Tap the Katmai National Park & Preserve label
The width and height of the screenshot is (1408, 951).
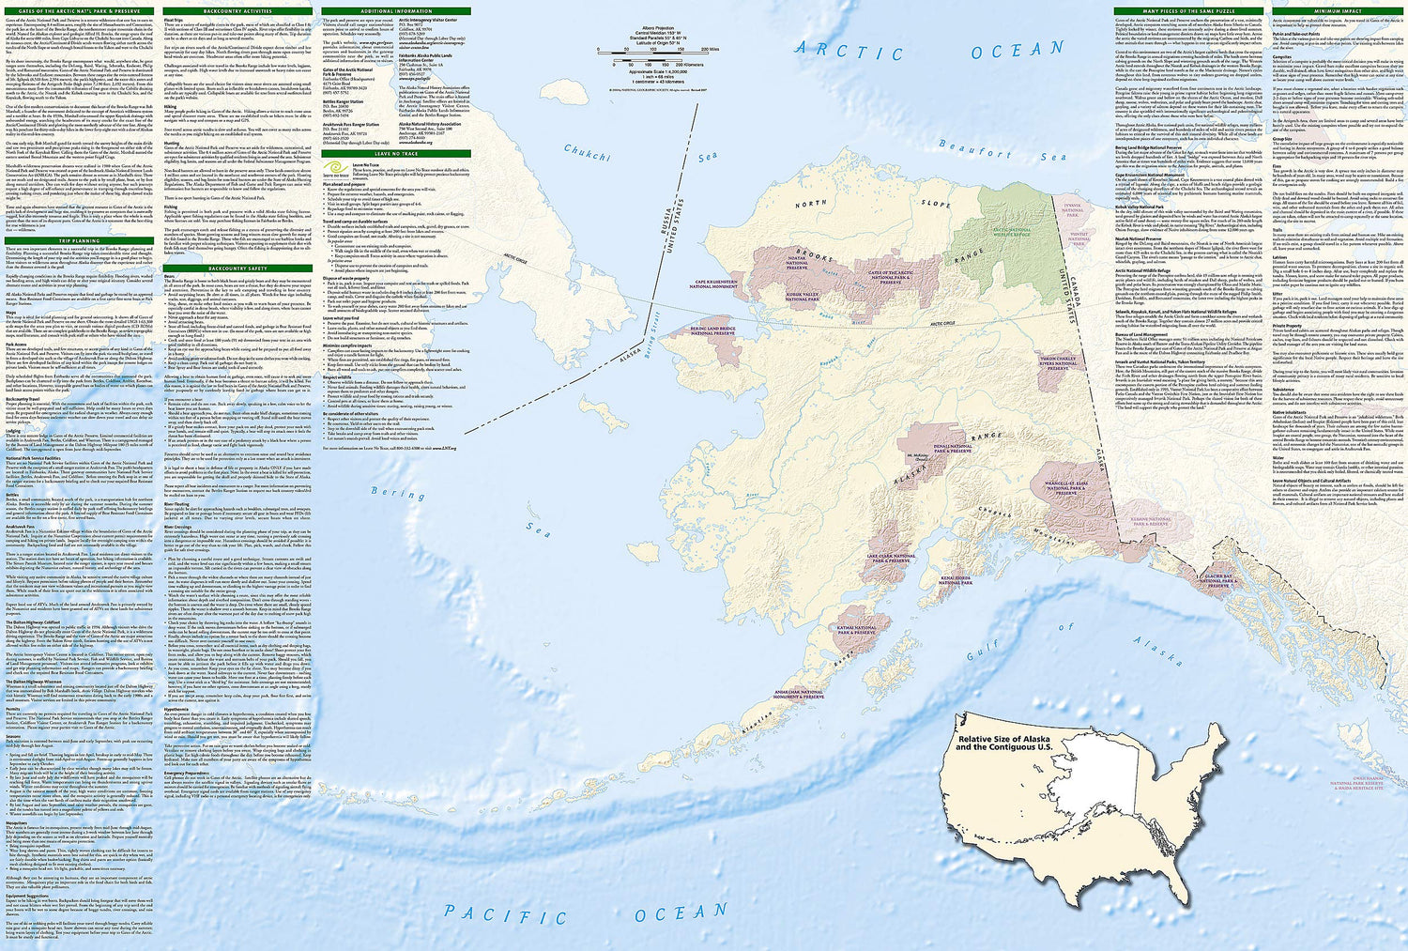point(856,630)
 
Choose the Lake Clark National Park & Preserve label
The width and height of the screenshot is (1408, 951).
point(890,559)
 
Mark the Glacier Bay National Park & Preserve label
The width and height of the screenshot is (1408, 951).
point(1217,580)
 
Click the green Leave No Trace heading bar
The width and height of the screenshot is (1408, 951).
point(395,153)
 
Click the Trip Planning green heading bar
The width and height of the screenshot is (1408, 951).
point(79,241)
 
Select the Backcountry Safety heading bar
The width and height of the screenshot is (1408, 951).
point(237,268)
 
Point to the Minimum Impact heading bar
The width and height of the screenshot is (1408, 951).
point(1338,10)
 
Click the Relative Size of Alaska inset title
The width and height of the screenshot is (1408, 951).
point(1002,743)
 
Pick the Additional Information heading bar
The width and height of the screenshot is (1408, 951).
point(395,10)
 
